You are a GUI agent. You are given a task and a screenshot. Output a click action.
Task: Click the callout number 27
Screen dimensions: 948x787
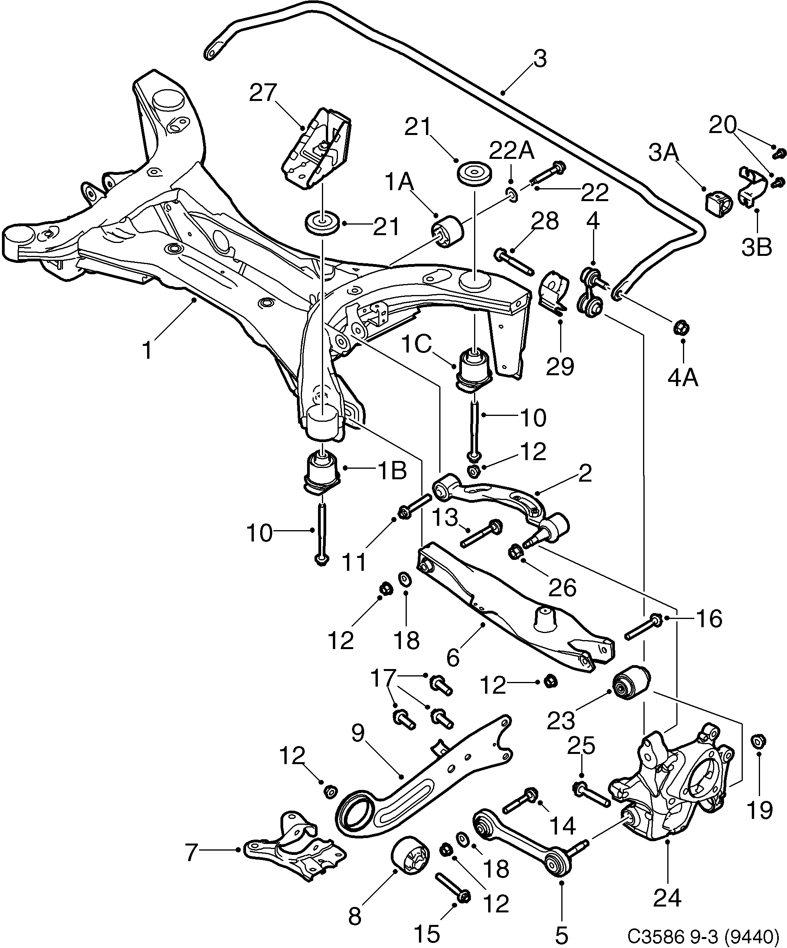263,94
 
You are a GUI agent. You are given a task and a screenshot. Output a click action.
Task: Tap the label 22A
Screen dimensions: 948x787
512,152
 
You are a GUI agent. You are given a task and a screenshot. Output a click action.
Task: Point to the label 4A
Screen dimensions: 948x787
683,377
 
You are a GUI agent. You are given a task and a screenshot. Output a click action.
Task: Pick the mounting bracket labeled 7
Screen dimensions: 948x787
296,848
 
